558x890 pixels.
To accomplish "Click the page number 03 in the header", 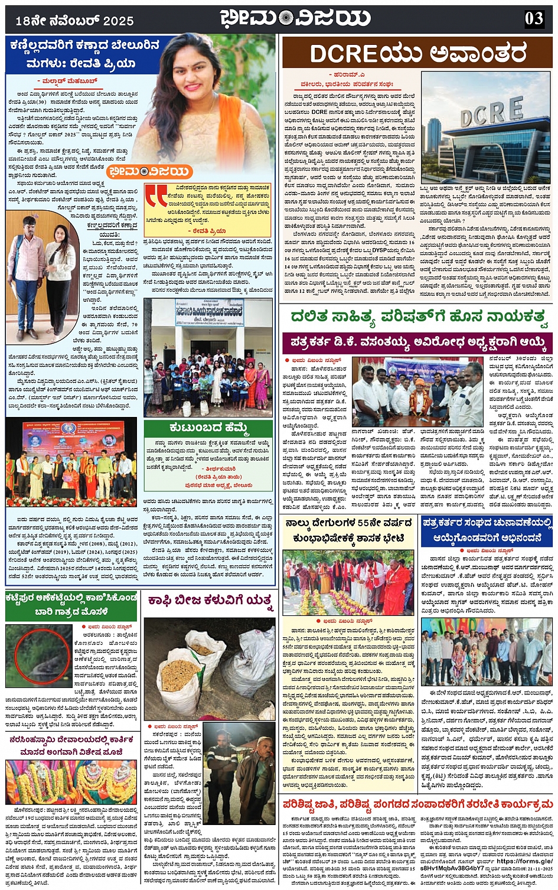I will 534,18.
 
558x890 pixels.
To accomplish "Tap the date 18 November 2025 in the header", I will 74,21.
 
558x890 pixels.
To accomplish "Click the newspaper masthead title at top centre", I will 295,18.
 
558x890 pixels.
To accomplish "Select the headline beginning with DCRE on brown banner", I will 417,54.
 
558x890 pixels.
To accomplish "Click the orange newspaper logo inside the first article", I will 150,172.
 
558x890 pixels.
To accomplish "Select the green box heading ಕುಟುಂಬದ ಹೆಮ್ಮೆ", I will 208,427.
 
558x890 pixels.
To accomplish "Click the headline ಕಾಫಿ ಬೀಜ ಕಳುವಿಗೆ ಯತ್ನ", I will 210,601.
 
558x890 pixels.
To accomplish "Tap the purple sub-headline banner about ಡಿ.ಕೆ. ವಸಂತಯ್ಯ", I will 417,343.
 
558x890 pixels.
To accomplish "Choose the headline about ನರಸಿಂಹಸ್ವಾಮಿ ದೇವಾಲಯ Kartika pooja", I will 71,745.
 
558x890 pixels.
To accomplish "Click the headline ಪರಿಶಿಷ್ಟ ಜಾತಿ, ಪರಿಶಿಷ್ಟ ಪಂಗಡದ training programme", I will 417,804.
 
